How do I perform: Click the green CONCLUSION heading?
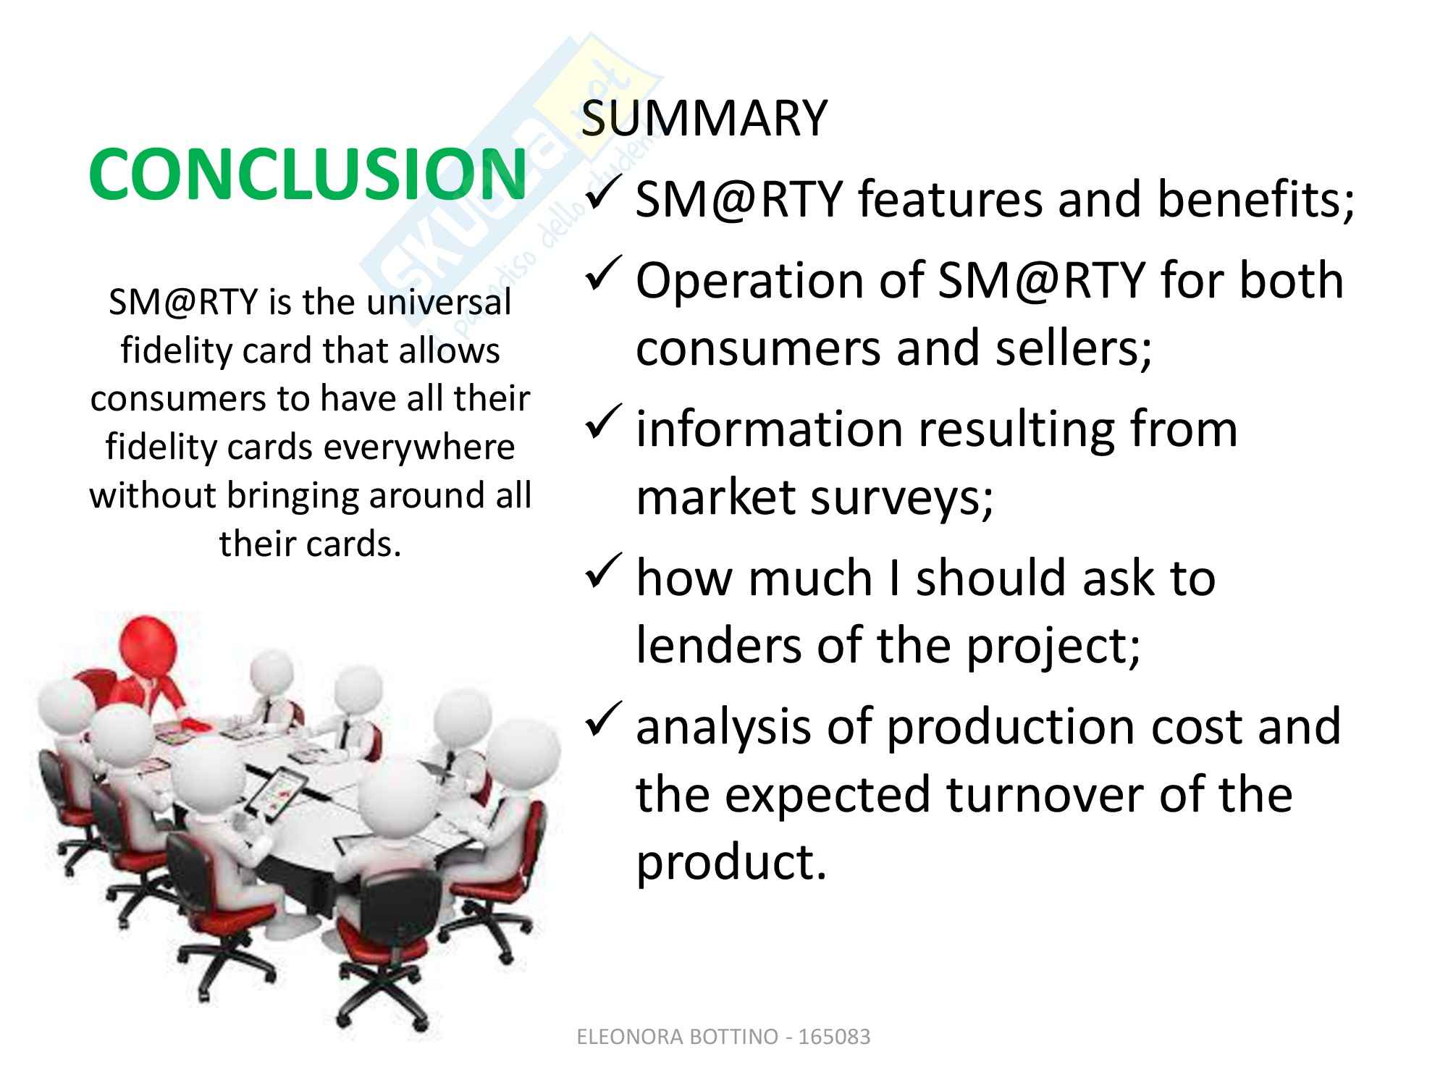(308, 174)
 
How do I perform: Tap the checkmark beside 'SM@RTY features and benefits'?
(602, 195)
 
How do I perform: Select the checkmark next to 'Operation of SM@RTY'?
(602, 276)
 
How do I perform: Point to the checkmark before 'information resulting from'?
(602, 424)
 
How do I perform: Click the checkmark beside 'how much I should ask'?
(602, 573)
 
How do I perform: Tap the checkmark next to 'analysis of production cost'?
(602, 722)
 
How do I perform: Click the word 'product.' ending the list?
(731, 863)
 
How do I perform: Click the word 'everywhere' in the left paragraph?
(419, 447)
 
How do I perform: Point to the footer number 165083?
(834, 1037)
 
